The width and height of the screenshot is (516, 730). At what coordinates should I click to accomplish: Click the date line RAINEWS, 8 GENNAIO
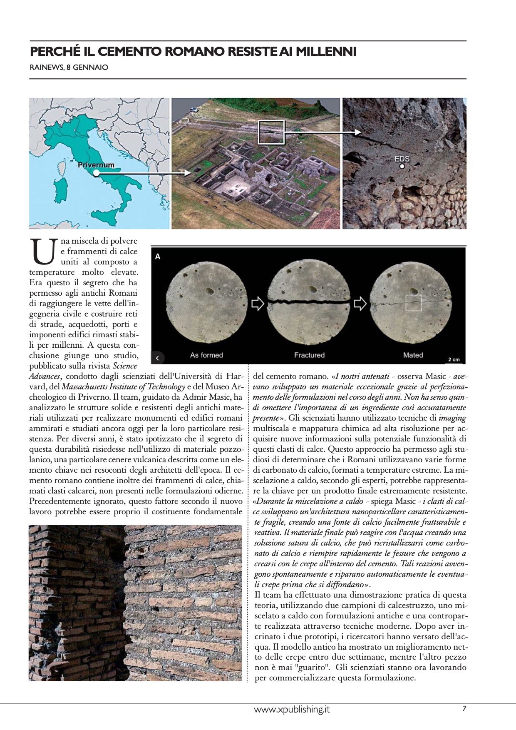pos(69,67)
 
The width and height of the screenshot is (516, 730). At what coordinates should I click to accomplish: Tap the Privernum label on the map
pos(96,165)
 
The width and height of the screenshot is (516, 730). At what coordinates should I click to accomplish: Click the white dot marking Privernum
pos(96,173)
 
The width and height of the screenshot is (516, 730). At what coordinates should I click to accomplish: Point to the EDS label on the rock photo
pos(402,159)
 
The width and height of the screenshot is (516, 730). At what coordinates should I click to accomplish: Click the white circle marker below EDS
pos(402,166)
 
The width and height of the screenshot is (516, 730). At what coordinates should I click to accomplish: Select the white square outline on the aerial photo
pos(271,132)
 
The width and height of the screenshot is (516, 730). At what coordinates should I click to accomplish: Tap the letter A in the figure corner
pos(158,257)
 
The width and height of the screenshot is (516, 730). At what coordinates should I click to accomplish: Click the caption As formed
pos(206,355)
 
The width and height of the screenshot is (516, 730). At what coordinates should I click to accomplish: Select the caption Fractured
pos(309,355)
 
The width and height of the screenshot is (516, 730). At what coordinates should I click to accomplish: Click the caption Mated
pos(413,355)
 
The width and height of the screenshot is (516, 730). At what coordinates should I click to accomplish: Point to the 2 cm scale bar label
pos(454,359)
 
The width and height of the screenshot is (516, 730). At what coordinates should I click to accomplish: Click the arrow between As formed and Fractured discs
pos(258,303)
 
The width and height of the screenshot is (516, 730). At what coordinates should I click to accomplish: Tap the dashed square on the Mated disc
pos(414,303)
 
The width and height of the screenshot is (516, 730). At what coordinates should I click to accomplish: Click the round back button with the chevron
pos(158,358)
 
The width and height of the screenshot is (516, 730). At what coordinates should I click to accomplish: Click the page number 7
pos(464,708)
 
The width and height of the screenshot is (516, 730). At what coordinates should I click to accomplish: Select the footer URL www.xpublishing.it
pos(292,709)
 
